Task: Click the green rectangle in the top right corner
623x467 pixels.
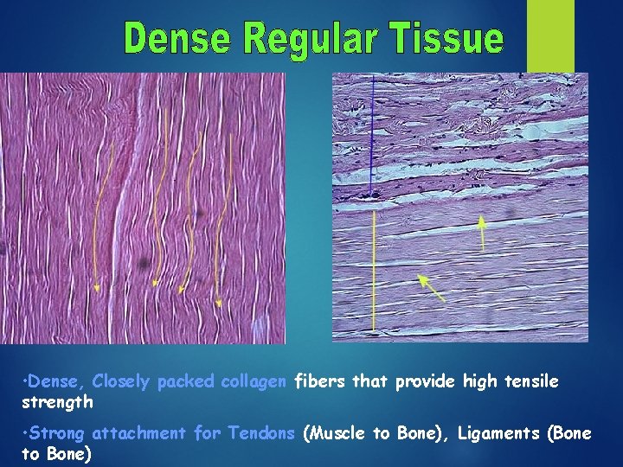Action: pyautogui.click(x=551, y=35)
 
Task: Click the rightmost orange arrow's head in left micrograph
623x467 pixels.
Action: pyautogui.click(x=218, y=303)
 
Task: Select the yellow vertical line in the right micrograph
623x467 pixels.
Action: pyautogui.click(x=374, y=268)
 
